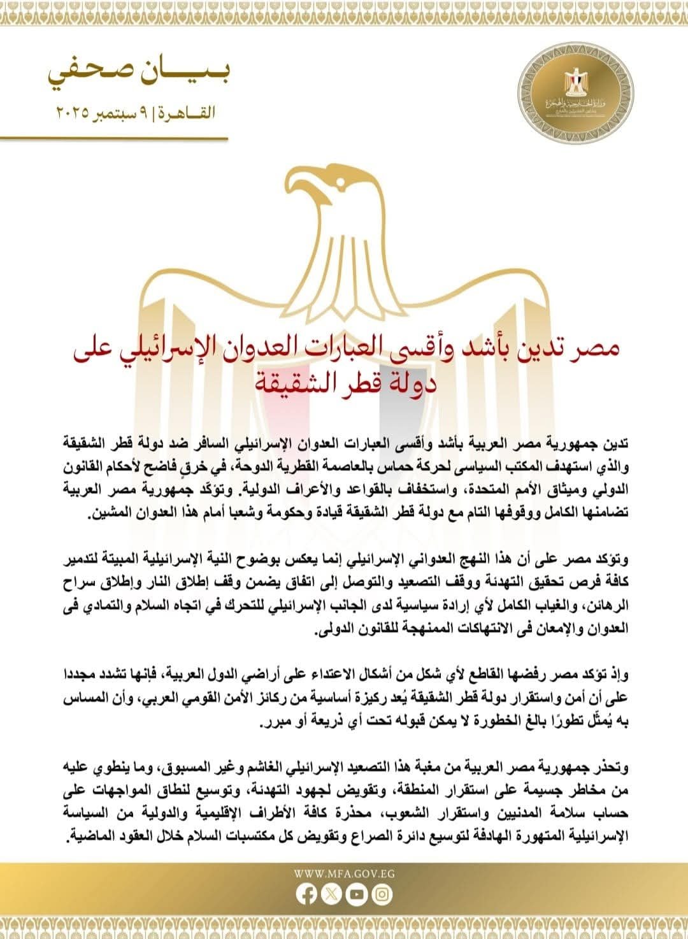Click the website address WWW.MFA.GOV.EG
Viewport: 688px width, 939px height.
click(x=344, y=873)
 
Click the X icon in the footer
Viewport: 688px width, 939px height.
click(x=331, y=894)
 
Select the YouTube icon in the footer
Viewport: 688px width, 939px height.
click(x=356, y=894)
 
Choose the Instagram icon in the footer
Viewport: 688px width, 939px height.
click(x=381, y=894)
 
